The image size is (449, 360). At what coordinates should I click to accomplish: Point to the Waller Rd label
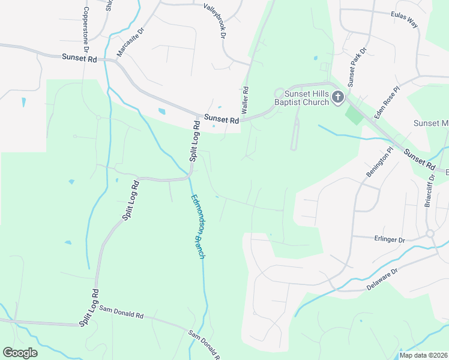pyautogui.click(x=245, y=97)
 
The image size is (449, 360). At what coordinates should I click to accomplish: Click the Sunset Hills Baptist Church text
pyautogui.click(x=306, y=98)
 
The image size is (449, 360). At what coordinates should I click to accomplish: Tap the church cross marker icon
pyautogui.click(x=338, y=97)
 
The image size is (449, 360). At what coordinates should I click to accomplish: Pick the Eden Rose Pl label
pyautogui.click(x=387, y=101)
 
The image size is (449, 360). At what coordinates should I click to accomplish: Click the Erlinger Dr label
pyautogui.click(x=389, y=240)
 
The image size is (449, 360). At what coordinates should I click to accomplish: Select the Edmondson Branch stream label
pyautogui.click(x=198, y=226)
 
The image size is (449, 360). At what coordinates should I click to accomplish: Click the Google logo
pyautogui.click(x=20, y=353)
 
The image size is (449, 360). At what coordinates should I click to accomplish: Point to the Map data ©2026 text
pyautogui.click(x=423, y=355)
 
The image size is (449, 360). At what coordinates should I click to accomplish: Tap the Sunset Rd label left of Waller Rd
pyautogui.click(x=221, y=119)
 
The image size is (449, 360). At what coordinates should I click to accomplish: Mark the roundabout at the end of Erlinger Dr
pyautogui.click(x=430, y=233)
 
